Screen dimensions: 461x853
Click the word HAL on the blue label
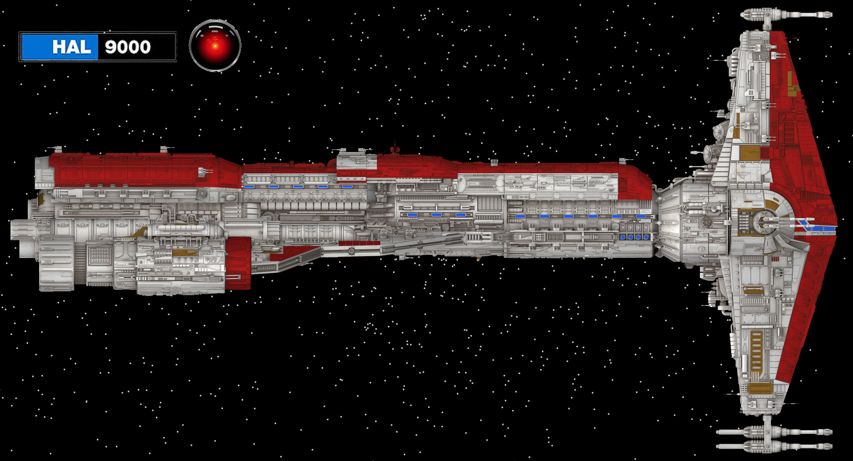pos(71,47)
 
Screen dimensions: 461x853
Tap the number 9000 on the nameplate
pos(128,47)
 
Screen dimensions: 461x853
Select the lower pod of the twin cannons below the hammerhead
pos(775,446)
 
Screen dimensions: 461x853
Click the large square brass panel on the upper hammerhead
pos(750,153)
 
